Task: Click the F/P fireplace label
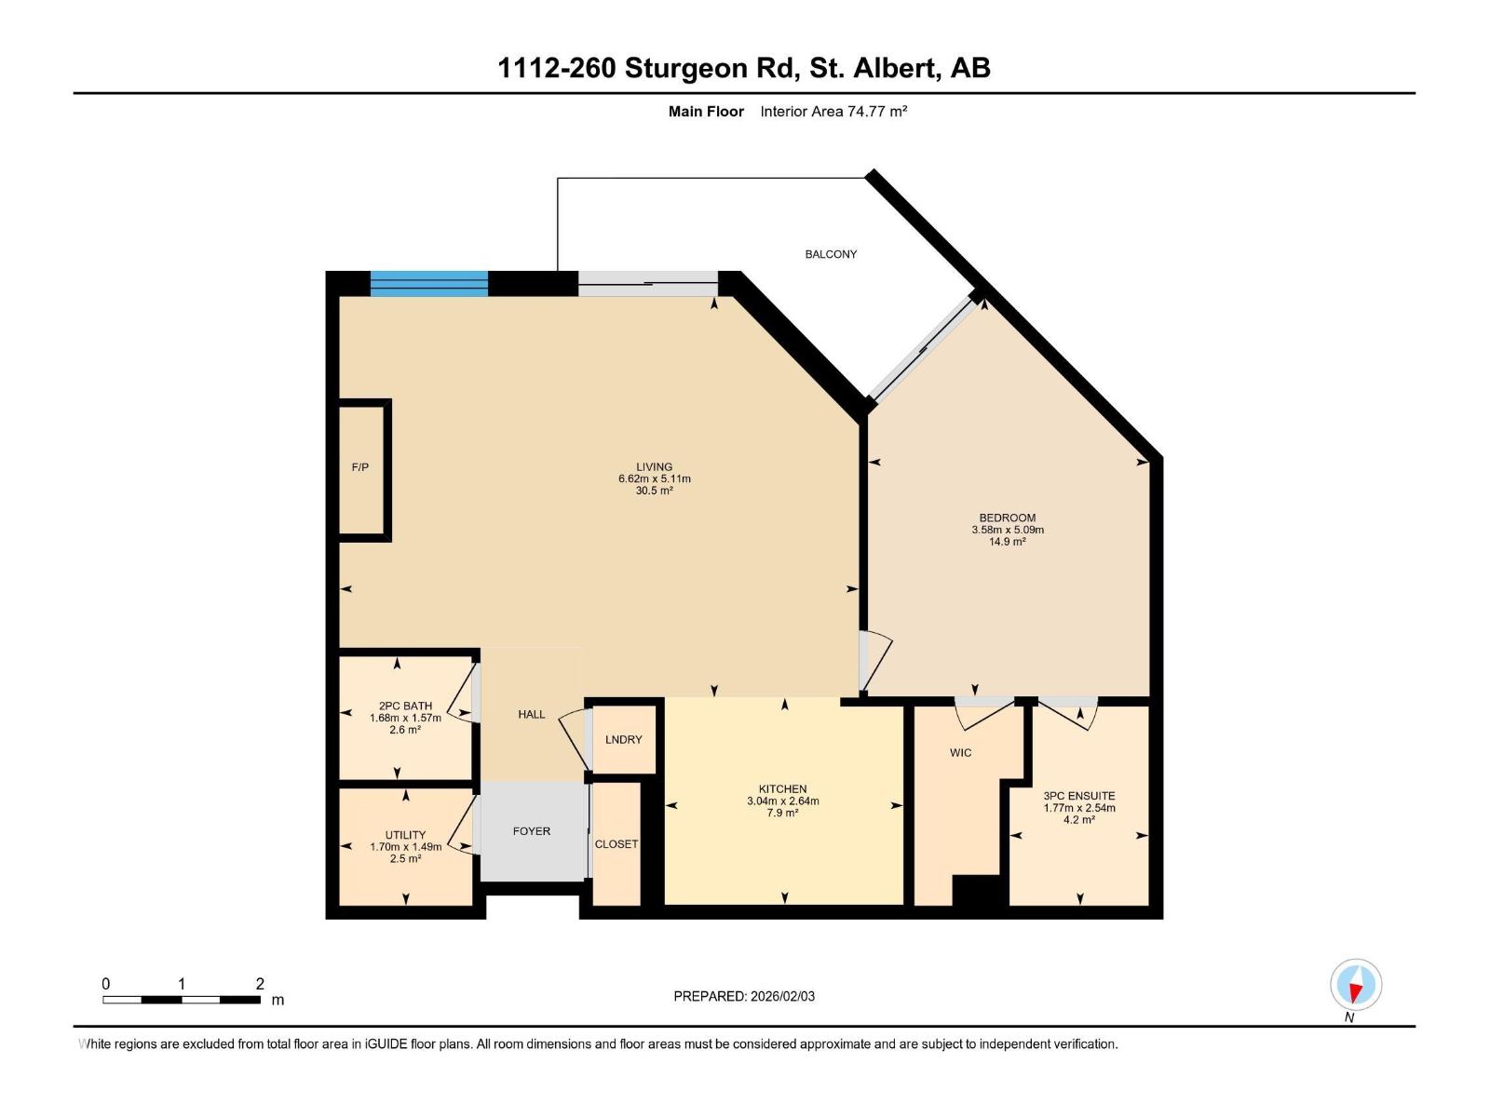coord(359,467)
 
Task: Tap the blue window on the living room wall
coord(428,283)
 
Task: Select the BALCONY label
coord(831,254)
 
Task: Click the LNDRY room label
coord(623,739)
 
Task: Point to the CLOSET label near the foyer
coord(616,844)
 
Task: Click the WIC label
coord(960,752)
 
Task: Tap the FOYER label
coord(531,831)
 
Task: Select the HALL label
coord(531,715)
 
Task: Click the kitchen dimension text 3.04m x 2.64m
coord(782,801)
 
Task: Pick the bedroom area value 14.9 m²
coord(1007,542)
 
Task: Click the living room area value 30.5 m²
coord(654,491)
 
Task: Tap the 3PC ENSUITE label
coord(1078,796)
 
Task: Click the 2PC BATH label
coord(405,706)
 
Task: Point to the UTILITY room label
coord(405,835)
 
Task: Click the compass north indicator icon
coord(1356,985)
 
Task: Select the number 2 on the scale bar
coord(260,984)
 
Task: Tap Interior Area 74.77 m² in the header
coord(833,112)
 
